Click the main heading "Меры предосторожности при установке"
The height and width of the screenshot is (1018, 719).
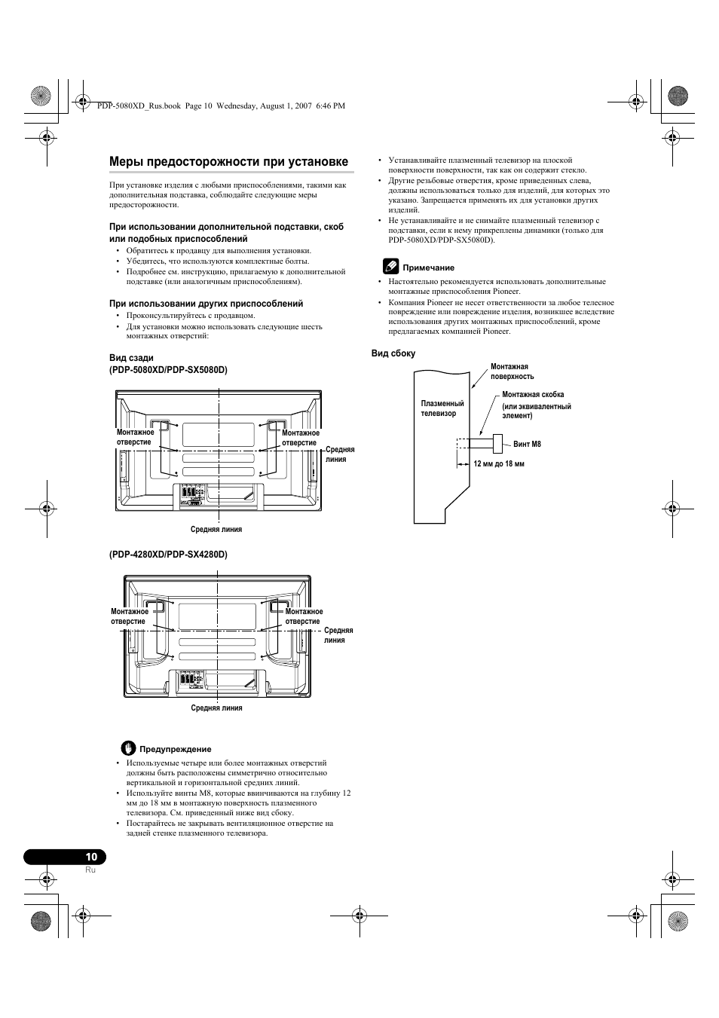(228, 162)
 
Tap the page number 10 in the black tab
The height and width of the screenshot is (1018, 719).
(91, 857)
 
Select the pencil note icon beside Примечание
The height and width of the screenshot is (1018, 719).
(390, 266)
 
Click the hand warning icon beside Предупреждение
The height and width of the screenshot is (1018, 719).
(129, 748)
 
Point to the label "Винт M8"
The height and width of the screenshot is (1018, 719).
(528, 444)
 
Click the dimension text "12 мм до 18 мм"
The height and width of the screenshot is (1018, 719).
(499, 463)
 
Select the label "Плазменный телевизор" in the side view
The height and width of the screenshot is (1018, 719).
(442, 408)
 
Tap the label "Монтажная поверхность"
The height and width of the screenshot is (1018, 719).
(512, 371)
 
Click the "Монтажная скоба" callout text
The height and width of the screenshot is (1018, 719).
(533, 395)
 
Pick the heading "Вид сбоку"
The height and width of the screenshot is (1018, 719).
(393, 353)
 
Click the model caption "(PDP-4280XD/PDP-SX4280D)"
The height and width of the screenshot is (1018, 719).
(168, 555)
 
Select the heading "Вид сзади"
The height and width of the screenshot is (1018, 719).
(131, 358)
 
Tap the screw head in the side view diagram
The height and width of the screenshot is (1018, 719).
(497, 444)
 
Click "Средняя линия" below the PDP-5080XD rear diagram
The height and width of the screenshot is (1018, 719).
(216, 529)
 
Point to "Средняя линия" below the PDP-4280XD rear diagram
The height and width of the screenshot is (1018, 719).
(216, 708)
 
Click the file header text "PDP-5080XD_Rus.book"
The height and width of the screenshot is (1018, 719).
(139, 106)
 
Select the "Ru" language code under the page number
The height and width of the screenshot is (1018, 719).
(90, 870)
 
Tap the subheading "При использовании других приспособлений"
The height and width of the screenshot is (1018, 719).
(206, 304)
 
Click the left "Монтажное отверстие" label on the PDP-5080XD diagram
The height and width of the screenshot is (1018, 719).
(136, 437)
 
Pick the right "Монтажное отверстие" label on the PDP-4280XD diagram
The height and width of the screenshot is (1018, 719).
(304, 616)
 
